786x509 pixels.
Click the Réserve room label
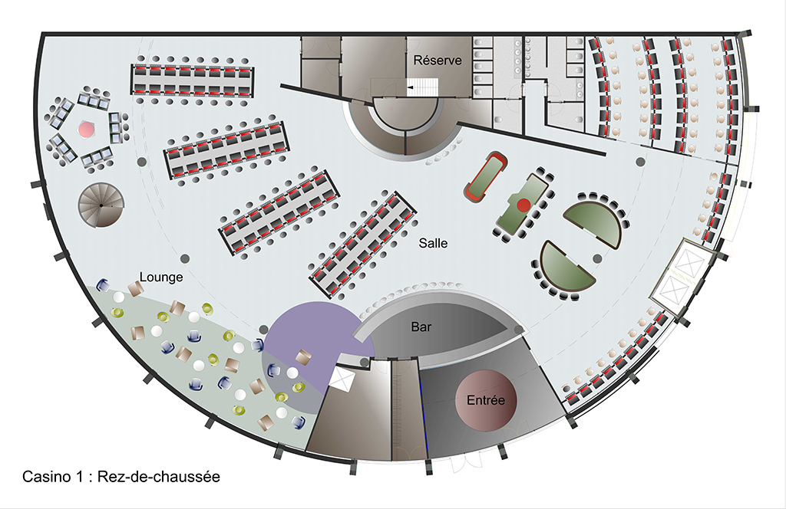pyautogui.click(x=438, y=60)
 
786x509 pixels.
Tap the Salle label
pyautogui.click(x=433, y=243)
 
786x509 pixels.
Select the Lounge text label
pyautogui.click(x=161, y=277)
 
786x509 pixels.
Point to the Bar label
pyautogui.click(x=421, y=327)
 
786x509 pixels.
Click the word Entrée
pyautogui.click(x=486, y=400)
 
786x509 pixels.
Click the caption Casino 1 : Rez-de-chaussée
pyautogui.click(x=121, y=476)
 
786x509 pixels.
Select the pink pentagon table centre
pyautogui.click(x=85, y=130)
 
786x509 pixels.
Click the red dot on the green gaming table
pyautogui.click(x=523, y=205)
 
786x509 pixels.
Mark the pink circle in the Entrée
pyautogui.click(x=486, y=400)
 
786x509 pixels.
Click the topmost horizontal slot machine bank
pyautogui.click(x=193, y=80)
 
